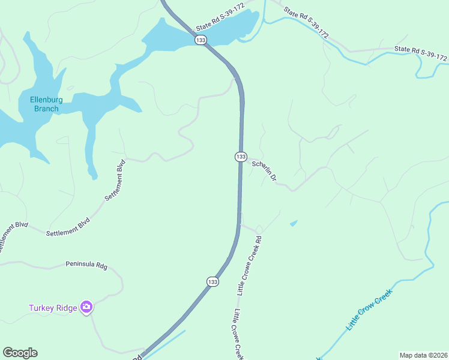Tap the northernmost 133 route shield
[200, 40]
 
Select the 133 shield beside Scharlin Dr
[240, 157]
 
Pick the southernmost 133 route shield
[212, 281]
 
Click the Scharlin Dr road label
[264, 170]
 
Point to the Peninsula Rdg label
[86, 265]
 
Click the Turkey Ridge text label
[53, 308]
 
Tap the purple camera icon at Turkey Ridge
[87, 308]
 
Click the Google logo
[20, 353]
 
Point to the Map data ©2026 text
[423, 355]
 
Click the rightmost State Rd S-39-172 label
[421, 53]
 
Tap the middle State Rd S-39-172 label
[306, 23]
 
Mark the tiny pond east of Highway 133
[293, 224]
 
